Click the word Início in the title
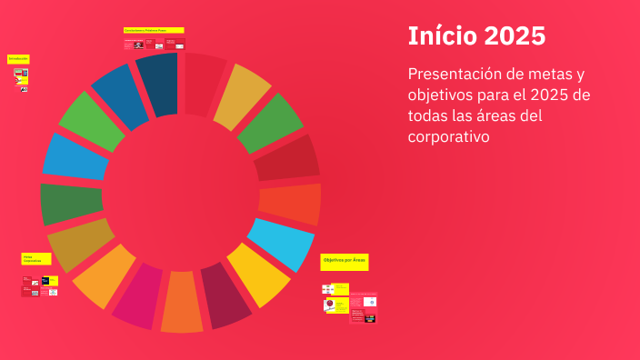pyautogui.click(x=442, y=36)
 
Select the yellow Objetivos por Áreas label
pyautogui.click(x=345, y=262)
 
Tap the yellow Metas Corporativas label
pyautogui.click(x=36, y=260)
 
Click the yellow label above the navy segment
pyautogui.click(x=154, y=30)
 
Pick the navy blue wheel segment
pyautogui.click(x=158, y=85)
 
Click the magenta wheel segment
pyautogui.click(x=138, y=296)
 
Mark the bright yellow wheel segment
pyautogui.click(x=258, y=274)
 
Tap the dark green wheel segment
pyautogui.click(x=71, y=203)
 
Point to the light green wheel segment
pyautogui.click(x=91, y=121)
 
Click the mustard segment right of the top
pyautogui.click(x=241, y=91)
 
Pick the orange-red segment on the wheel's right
pyautogui.click(x=290, y=204)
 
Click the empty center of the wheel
pyautogui.click(x=180, y=192)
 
